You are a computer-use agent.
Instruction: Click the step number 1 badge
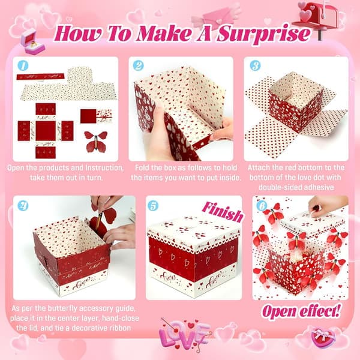coord(23,65)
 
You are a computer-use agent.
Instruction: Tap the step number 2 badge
coord(138,65)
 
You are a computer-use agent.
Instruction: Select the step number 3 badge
coord(255,65)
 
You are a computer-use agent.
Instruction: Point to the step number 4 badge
coord(23,205)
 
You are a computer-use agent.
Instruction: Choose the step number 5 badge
coord(153,205)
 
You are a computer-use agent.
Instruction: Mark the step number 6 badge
coord(262,205)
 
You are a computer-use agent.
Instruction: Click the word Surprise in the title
coord(263,34)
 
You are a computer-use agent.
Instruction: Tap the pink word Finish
coord(222,212)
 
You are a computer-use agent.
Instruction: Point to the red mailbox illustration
coord(318,17)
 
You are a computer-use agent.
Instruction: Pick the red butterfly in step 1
coord(95,141)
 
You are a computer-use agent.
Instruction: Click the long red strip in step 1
coord(40,76)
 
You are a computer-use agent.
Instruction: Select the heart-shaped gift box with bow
coord(322,338)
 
